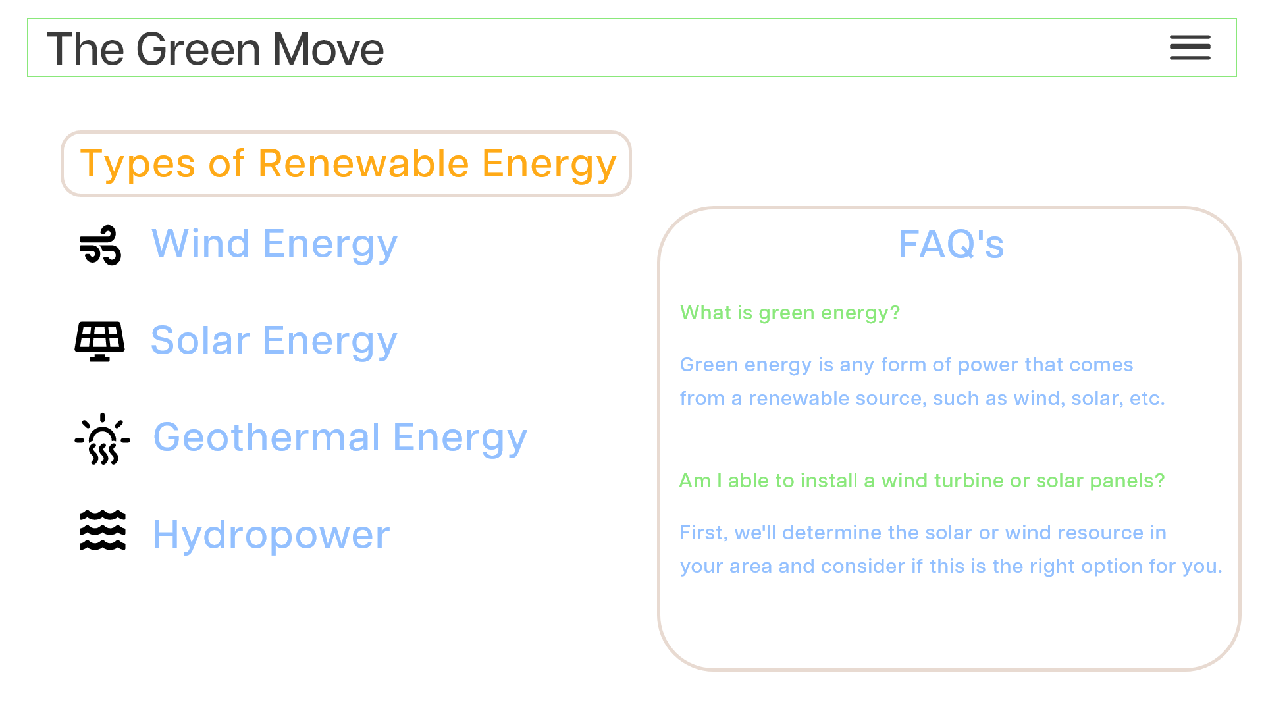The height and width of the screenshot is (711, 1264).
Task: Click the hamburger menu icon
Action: [x=1190, y=47]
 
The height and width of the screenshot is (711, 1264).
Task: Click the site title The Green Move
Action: [x=215, y=49]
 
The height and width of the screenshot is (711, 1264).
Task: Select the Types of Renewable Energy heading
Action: [x=348, y=163]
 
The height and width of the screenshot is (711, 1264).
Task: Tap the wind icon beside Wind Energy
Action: [x=100, y=245]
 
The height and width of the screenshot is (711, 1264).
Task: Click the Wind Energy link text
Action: [x=275, y=244]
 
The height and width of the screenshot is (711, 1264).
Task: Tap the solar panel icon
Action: [x=99, y=342]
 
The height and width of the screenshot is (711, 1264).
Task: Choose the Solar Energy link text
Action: [x=274, y=341]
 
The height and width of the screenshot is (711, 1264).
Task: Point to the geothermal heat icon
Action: [x=102, y=439]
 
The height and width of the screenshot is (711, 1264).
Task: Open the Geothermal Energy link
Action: [x=340, y=438]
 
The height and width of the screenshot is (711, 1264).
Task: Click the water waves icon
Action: [x=102, y=530]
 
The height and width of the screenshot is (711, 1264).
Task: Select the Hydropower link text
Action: [x=271, y=535]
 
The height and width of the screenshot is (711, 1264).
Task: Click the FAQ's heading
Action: [x=951, y=244]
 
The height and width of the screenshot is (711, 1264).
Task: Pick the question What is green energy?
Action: [x=789, y=313]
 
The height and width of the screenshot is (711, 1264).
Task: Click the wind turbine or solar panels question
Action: [x=922, y=481]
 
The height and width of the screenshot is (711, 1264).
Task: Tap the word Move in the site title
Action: [x=328, y=49]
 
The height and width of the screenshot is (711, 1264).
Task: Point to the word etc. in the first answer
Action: [x=1147, y=398]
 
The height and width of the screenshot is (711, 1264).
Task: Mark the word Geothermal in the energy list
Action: [x=267, y=438]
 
